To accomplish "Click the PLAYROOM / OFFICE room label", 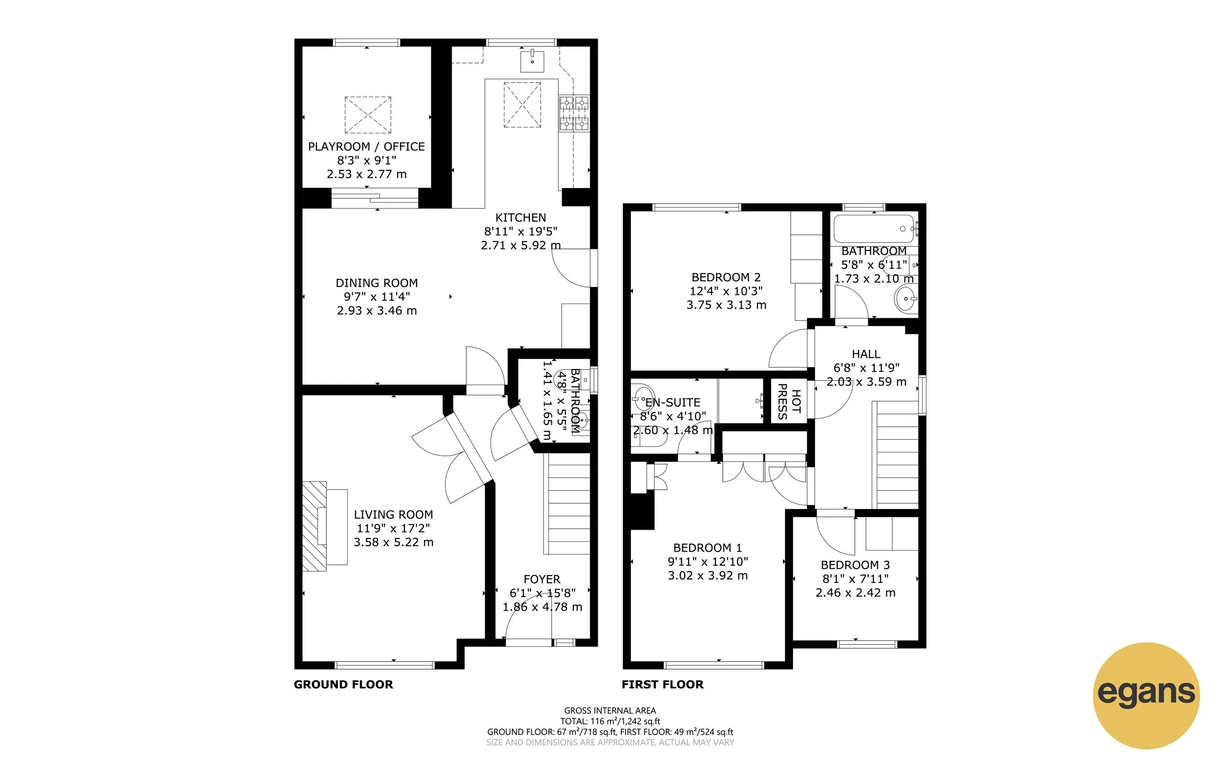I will click(x=366, y=146).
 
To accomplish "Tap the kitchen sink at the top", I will click(x=532, y=61).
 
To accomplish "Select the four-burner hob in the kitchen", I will click(x=574, y=113).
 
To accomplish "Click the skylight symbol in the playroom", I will click(x=367, y=115).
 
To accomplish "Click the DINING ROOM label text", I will click(x=377, y=283).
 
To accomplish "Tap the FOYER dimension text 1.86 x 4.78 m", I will click(x=542, y=607).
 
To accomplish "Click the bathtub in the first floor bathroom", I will click(x=874, y=229).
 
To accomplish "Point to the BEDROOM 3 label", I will click(x=855, y=565).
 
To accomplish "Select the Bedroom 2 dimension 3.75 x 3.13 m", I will click(x=726, y=305).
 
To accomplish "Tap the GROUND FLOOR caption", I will click(x=343, y=684).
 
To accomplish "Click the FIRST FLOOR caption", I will click(x=662, y=684).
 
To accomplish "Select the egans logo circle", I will click(x=1146, y=696).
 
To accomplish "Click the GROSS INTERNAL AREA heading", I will click(x=610, y=711).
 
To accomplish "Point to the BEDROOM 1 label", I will click(x=707, y=548).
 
